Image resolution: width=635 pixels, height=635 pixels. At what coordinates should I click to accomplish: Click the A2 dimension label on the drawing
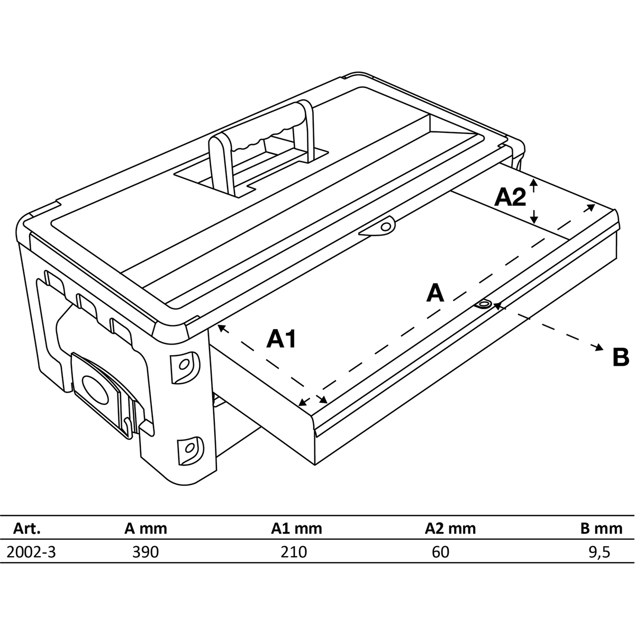click(x=511, y=197)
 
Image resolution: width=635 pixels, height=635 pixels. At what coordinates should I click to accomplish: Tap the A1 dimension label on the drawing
click(x=281, y=339)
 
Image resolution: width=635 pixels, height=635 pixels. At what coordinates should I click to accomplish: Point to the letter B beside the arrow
click(x=621, y=357)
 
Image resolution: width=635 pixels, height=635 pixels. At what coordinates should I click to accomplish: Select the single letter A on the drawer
click(x=435, y=292)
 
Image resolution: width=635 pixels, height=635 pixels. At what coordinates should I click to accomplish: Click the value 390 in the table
click(x=146, y=552)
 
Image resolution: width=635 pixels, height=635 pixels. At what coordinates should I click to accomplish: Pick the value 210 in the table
click(x=294, y=552)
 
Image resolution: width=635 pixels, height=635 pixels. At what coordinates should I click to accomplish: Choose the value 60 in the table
click(x=440, y=552)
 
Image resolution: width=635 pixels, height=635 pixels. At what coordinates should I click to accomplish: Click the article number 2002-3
click(x=30, y=552)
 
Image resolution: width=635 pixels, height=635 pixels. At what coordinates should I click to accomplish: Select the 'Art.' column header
click(x=26, y=528)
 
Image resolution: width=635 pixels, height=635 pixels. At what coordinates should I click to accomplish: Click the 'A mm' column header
click(x=146, y=528)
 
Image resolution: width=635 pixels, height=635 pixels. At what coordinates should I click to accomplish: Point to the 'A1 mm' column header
click(x=296, y=528)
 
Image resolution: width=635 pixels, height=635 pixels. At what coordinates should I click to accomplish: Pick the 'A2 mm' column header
click(x=450, y=528)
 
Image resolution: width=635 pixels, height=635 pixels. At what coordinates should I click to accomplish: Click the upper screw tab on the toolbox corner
click(x=185, y=365)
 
